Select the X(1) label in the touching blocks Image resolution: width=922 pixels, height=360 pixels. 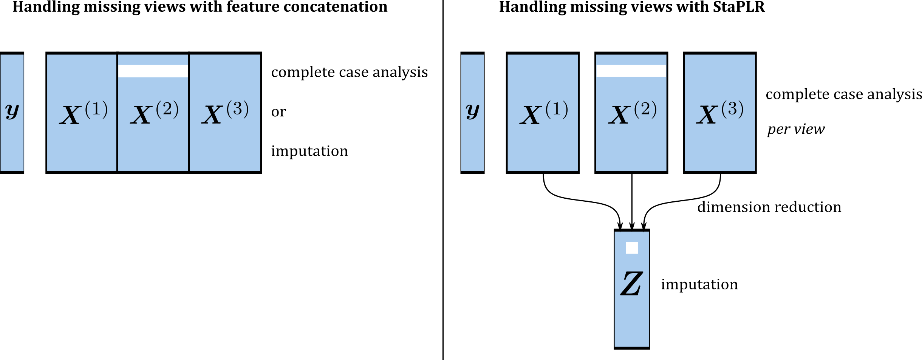(83, 113)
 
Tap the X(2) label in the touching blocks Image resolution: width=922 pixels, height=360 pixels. (154, 113)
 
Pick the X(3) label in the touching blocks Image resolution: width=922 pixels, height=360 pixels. (225, 113)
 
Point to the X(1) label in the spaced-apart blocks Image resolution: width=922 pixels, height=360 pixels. (543, 113)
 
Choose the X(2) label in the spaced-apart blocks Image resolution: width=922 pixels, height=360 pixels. (632, 113)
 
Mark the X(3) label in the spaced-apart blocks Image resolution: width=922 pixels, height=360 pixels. (720, 113)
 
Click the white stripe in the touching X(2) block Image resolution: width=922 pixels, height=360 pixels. (153, 71)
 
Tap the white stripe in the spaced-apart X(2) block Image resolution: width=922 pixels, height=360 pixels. (631, 71)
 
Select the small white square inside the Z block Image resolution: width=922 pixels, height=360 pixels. (632, 248)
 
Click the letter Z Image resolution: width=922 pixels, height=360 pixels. (631, 284)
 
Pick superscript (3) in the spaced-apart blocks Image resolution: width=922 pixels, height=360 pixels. (732, 109)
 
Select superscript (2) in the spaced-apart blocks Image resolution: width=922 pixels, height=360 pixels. (645, 109)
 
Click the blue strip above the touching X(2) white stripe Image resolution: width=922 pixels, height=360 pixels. (153, 60)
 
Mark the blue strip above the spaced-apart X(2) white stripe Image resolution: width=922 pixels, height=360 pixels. (631, 60)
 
